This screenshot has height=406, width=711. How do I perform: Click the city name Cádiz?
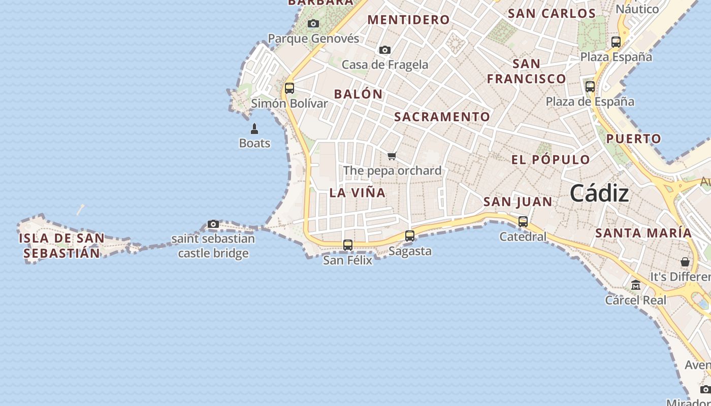[599, 193]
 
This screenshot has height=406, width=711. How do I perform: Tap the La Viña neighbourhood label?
[358, 193]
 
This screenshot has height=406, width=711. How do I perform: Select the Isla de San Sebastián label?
[61, 246]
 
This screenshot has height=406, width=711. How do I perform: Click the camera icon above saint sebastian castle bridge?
[213, 224]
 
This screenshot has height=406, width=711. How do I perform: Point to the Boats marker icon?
[254, 129]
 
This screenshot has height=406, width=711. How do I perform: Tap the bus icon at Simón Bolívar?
[289, 88]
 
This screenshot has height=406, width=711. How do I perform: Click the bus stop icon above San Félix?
[348, 245]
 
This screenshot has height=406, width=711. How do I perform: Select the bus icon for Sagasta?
[410, 236]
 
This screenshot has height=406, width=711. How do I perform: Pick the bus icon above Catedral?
[523, 222]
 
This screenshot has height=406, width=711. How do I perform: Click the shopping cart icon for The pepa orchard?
[392, 156]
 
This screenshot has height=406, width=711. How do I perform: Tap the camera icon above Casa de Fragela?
[385, 50]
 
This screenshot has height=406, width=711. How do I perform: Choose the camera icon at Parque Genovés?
[313, 23]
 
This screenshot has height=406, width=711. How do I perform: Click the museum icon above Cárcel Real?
[636, 286]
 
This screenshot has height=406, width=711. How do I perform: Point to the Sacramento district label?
[442, 117]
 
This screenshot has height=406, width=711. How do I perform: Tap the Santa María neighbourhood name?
[643, 233]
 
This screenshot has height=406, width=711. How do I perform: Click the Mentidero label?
[408, 20]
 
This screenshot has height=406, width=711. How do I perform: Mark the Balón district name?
[358, 94]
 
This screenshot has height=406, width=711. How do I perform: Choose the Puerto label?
[634, 139]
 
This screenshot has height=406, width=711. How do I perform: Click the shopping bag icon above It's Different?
[685, 262]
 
